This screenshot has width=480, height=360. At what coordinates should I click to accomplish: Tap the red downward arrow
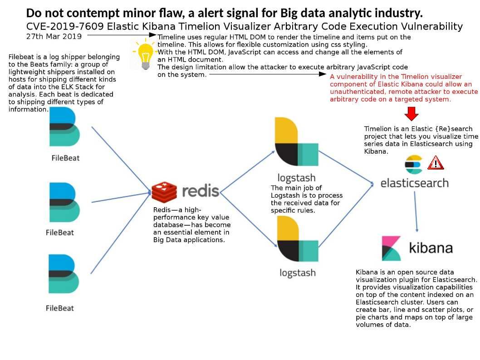coord(411,113)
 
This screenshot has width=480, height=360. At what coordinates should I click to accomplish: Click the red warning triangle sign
coord(435,163)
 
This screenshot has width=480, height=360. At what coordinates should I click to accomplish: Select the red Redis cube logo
coord(164,192)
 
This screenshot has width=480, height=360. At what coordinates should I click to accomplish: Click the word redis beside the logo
coord(201,191)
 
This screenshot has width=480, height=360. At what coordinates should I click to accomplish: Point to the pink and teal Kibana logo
coord(391,248)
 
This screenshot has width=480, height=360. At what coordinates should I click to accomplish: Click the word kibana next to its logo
coord(431,248)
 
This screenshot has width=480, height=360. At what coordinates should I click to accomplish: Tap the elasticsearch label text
coord(415,183)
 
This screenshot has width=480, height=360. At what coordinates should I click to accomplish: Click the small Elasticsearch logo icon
coord(413,165)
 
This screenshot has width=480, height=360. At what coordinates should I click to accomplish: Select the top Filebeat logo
coord(64,126)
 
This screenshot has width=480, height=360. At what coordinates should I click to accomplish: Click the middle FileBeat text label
coord(60,233)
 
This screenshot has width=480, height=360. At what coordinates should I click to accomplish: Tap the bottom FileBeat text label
coord(60,308)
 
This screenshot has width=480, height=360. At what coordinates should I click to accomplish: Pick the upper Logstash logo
coord(296,141)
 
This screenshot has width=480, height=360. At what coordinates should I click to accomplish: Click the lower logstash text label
coord(298,273)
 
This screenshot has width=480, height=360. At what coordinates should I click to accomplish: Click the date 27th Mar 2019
coord(54,36)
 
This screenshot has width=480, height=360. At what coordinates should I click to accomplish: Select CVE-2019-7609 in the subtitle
coord(65,26)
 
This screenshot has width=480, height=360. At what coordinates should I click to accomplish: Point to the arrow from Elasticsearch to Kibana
coord(416,212)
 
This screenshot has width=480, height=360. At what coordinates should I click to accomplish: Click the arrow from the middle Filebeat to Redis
coord(121,198)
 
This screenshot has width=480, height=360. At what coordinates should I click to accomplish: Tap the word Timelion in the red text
coord(415,77)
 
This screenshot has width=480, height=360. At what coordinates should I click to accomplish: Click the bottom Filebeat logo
coord(64,274)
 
